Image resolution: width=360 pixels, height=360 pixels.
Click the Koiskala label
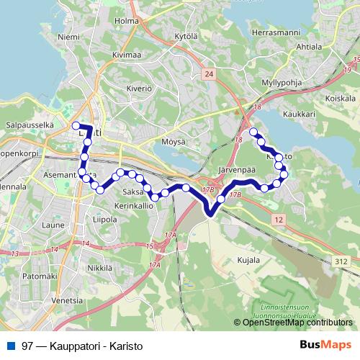[341, 97]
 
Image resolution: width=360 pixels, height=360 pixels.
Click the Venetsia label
[68, 301]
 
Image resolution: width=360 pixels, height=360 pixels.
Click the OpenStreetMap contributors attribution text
[297, 322]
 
